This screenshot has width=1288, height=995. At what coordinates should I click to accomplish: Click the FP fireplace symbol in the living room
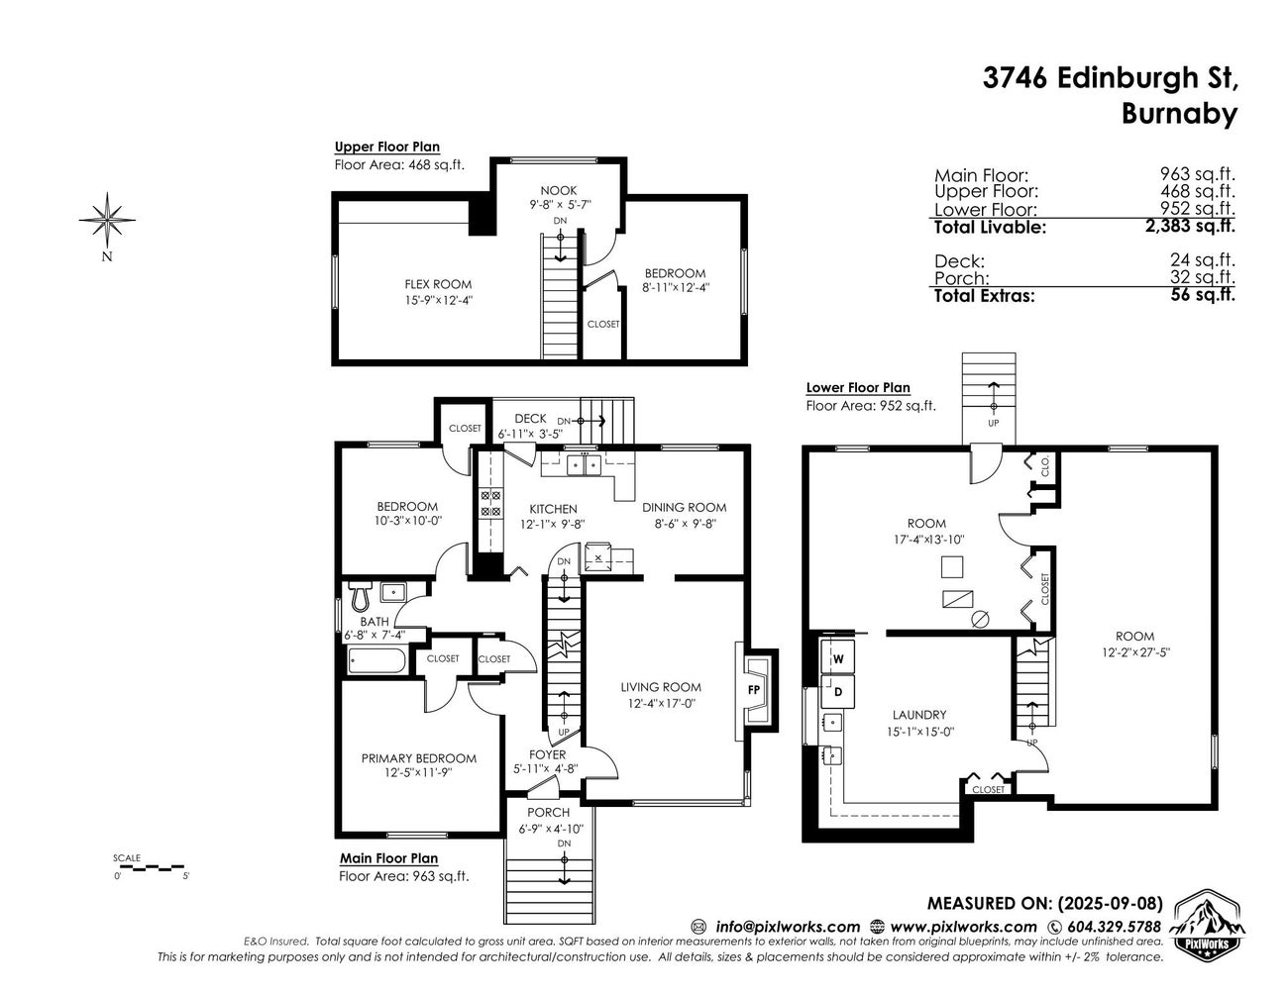click(754, 689)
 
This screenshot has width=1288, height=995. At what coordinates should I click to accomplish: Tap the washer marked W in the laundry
click(837, 657)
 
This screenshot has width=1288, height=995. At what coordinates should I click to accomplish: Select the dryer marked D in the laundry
click(837, 690)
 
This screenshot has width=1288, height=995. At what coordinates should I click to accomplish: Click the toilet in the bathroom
click(360, 596)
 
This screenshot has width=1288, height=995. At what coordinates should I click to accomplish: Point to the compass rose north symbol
click(107, 219)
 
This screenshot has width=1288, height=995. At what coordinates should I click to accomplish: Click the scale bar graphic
click(151, 867)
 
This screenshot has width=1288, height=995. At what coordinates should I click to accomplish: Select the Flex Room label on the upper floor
click(438, 284)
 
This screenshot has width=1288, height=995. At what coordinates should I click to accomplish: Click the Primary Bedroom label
click(418, 758)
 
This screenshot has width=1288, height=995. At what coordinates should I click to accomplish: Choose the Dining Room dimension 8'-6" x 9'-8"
click(684, 524)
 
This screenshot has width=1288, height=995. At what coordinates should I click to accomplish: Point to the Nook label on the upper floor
click(558, 190)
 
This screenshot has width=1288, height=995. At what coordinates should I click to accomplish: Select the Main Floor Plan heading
click(388, 858)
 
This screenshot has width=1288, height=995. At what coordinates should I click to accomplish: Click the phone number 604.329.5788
click(1114, 927)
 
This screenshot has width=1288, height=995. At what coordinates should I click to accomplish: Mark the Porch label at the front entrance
click(548, 812)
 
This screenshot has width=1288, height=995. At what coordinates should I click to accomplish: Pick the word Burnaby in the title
click(1179, 114)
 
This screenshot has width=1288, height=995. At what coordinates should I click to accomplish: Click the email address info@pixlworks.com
click(788, 927)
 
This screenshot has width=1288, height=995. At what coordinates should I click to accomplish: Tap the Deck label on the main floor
click(530, 419)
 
